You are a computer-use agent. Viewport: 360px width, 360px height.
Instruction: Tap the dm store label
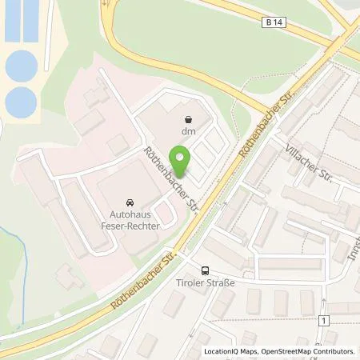click(x=189, y=131)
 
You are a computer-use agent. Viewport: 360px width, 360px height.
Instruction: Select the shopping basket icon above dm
click(x=189, y=118)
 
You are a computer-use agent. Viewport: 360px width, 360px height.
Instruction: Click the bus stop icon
click(x=206, y=271)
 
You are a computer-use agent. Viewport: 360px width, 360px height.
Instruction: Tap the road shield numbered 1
click(x=323, y=320)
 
